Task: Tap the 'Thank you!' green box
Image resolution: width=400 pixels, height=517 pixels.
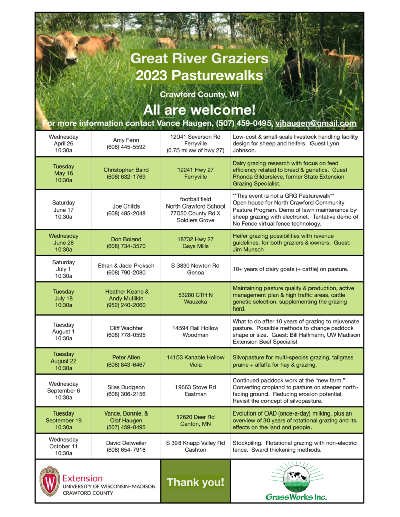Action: tap(195, 482)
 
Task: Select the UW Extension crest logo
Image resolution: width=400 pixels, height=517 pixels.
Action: tap(49, 481)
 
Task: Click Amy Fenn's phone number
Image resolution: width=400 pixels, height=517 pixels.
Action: tap(126, 147)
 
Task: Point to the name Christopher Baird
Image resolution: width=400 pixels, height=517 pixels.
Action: tap(126, 170)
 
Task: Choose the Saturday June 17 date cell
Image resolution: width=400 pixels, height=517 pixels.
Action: tap(64, 210)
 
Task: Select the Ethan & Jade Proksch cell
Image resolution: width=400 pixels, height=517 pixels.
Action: tap(126, 269)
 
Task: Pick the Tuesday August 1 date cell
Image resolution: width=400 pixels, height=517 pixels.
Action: tap(64, 331)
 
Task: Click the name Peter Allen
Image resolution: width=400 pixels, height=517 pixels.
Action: tap(126, 357)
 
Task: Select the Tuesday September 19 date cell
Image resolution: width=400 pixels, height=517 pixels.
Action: tap(64, 420)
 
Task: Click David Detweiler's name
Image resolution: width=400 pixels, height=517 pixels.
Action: tap(126, 443)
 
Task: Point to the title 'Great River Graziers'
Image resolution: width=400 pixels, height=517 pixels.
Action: tap(199, 59)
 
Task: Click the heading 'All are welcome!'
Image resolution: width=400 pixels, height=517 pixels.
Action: tap(199, 110)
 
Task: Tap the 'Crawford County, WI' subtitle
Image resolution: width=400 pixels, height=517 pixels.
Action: tap(199, 94)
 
